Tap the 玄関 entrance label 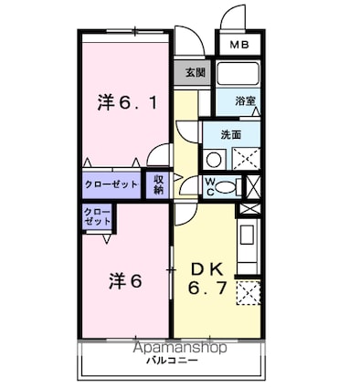(x=194, y=73)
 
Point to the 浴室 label (x=245, y=100)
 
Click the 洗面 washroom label (x=230, y=134)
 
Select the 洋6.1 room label (x=126, y=102)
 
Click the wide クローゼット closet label (x=111, y=184)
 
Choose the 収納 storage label (x=158, y=184)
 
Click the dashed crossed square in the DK (x=247, y=294)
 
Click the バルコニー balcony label (x=171, y=362)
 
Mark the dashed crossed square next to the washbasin (x=246, y=159)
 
